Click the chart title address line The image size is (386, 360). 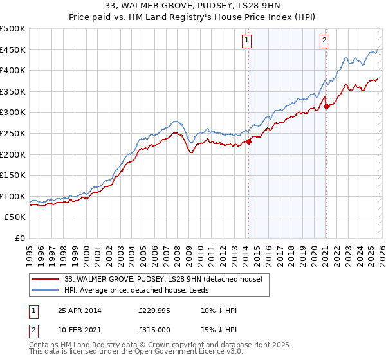pyautogui.click(x=193, y=6)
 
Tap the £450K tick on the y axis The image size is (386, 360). pyautogui.click(x=13, y=50)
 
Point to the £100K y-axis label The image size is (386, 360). pyautogui.click(x=13, y=196)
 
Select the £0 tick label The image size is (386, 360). pyautogui.click(x=19, y=238)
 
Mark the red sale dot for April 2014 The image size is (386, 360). pyautogui.click(x=248, y=142)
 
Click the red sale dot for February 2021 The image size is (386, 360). pyautogui.click(x=326, y=106)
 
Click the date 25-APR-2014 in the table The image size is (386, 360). pyautogui.click(x=79, y=310)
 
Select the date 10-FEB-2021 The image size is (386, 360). pyautogui.click(x=79, y=329)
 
